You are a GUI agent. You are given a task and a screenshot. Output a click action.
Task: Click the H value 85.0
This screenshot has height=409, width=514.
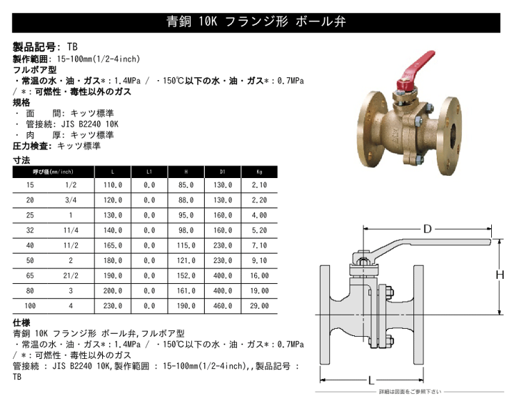tap(188, 184)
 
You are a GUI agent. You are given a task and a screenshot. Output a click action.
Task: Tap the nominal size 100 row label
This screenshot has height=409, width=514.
tap(29, 305)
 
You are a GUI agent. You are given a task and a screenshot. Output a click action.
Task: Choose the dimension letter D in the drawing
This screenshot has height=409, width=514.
tap(427, 229)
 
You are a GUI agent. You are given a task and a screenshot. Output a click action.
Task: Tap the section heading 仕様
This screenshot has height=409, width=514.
tap(22, 322)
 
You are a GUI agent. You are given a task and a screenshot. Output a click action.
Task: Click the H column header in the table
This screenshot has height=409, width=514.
tap(188, 172)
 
